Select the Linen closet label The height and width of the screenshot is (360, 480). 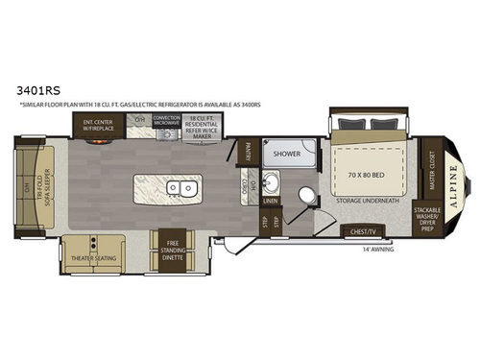pyautogui.click(x=272, y=201)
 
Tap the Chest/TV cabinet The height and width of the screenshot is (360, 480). pyautogui.click(x=364, y=230)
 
